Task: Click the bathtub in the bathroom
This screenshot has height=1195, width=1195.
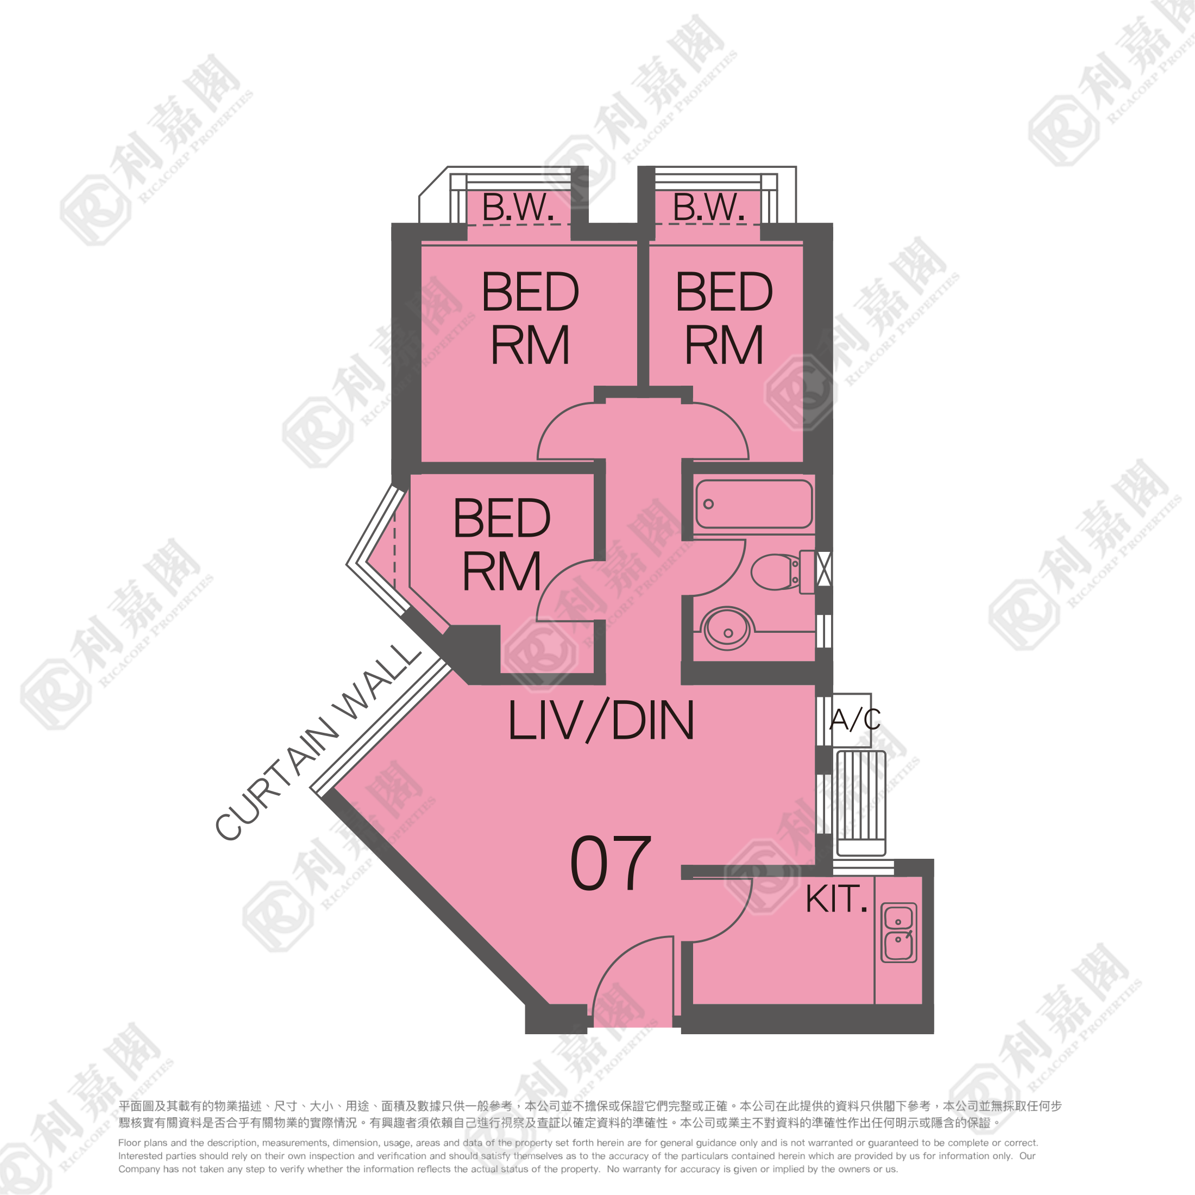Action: (754, 504)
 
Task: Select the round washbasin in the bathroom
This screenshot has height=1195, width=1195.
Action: (727, 628)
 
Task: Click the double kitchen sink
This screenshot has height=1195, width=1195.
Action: (899, 933)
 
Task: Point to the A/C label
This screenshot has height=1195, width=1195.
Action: (855, 719)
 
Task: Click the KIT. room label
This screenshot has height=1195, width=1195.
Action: (836, 899)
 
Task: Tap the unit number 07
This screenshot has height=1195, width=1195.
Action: (611, 864)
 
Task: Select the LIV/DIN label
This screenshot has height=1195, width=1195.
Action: (601, 721)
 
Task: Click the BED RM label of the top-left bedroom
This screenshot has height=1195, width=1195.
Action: (530, 318)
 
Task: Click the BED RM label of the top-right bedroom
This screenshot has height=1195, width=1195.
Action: (724, 318)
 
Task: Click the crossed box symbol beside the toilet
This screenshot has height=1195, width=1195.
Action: (824, 568)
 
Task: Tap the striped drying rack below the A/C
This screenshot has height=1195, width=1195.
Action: (861, 803)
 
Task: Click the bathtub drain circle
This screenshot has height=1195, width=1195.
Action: (709, 504)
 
